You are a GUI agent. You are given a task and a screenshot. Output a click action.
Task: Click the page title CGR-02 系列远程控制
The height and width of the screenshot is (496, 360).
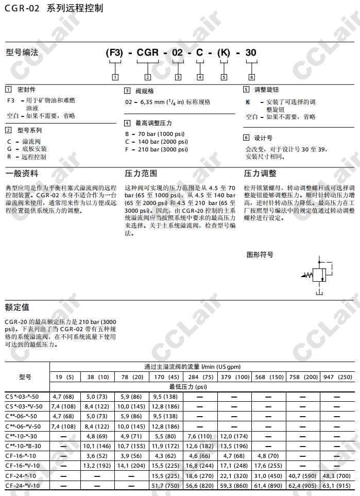coord(54,8)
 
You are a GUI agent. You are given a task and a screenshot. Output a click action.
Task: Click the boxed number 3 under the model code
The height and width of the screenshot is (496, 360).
coord(178,77)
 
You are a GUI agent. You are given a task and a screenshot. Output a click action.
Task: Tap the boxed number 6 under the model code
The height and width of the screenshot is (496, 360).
coord(251,77)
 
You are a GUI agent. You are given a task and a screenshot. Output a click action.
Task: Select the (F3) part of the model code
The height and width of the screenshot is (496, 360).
coord(114,53)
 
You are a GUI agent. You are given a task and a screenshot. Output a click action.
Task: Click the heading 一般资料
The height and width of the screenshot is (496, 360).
coord(22,174)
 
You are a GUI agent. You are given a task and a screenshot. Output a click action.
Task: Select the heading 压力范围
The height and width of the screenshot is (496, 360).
coord(141,174)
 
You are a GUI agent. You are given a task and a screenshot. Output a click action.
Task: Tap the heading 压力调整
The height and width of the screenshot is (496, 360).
coord(260,174)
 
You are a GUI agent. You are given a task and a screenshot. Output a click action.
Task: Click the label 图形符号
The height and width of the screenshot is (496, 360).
coord(260,254)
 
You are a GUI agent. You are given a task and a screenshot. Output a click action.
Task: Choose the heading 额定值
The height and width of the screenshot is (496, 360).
coord(17,307)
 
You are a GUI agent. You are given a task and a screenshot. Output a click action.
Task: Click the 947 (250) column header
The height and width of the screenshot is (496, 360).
coord(337,377)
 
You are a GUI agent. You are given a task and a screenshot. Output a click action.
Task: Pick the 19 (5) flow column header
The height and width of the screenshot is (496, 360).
coord(65,377)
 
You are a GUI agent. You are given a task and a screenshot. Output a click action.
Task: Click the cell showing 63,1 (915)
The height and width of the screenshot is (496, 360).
coord(337,485)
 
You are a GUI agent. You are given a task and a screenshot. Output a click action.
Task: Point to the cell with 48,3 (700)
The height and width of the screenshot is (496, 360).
coord(337,475)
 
